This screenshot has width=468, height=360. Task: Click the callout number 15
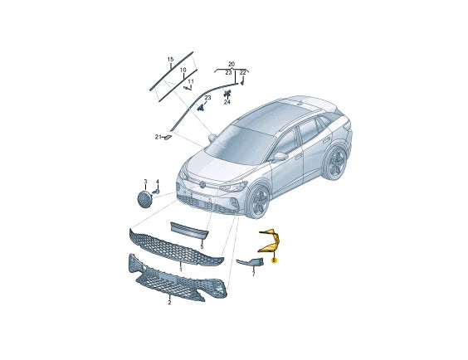[x=170, y=60]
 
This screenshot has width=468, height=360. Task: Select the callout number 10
[x=183, y=71]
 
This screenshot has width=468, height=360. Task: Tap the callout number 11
[x=191, y=81]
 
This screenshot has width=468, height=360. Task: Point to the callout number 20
[x=232, y=64]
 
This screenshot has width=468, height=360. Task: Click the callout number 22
[x=243, y=73]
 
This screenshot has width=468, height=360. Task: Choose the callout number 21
[x=156, y=136]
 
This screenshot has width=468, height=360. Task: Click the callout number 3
[x=145, y=181]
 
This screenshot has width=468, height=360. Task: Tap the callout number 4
[x=157, y=181]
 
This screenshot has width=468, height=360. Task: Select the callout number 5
[x=201, y=246]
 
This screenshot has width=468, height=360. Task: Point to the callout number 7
[x=254, y=272]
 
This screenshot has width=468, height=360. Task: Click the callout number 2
[x=169, y=303]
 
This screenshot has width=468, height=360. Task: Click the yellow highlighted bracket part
[x=271, y=243]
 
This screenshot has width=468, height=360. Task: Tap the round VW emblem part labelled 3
[x=145, y=200]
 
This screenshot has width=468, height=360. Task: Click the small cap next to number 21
[x=167, y=135]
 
